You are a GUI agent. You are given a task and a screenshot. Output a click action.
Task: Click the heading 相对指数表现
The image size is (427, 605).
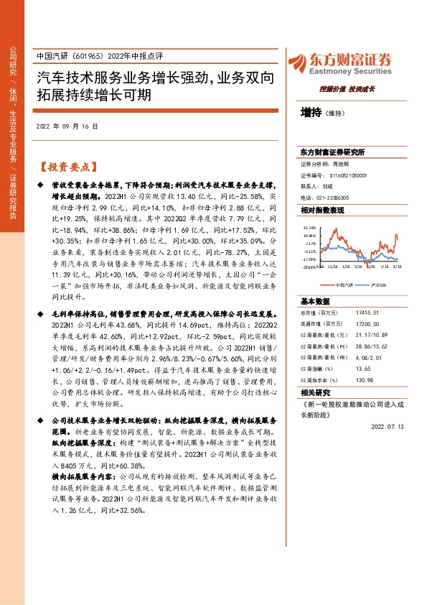323,209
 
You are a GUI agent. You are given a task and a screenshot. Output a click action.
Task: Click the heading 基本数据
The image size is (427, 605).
314,301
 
